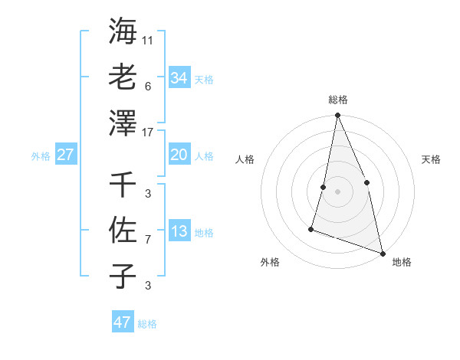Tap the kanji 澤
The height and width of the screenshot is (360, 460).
pyautogui.click(x=123, y=123)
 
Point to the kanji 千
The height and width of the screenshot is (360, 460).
pyautogui.click(x=123, y=185)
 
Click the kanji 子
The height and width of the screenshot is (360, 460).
pyautogui.click(x=123, y=275)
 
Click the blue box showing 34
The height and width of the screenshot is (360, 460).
pyautogui.click(x=179, y=77)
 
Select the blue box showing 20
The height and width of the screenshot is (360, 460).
pyautogui.click(x=179, y=155)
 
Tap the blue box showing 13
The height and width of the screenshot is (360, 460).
pyautogui.click(x=179, y=231)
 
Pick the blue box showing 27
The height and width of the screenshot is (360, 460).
pyautogui.click(x=65, y=155)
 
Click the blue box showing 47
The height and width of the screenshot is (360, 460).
pyautogui.click(x=123, y=322)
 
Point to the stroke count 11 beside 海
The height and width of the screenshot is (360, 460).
pyautogui.click(x=149, y=40)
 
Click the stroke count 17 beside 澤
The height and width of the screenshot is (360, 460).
pyautogui.click(x=149, y=132)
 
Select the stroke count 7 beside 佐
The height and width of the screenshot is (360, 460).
pyautogui.click(x=147, y=240)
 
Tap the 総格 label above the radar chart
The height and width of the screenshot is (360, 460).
pyautogui.click(x=337, y=100)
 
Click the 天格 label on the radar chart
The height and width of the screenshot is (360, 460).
pyautogui.click(x=431, y=159)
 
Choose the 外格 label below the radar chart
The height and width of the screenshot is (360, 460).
pyautogui.click(x=270, y=262)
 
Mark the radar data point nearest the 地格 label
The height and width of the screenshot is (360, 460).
pyautogui.click(x=382, y=252)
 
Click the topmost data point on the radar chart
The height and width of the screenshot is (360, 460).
pyautogui.click(x=337, y=116)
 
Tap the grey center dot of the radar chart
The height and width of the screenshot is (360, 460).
pyautogui.click(x=337, y=191)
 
